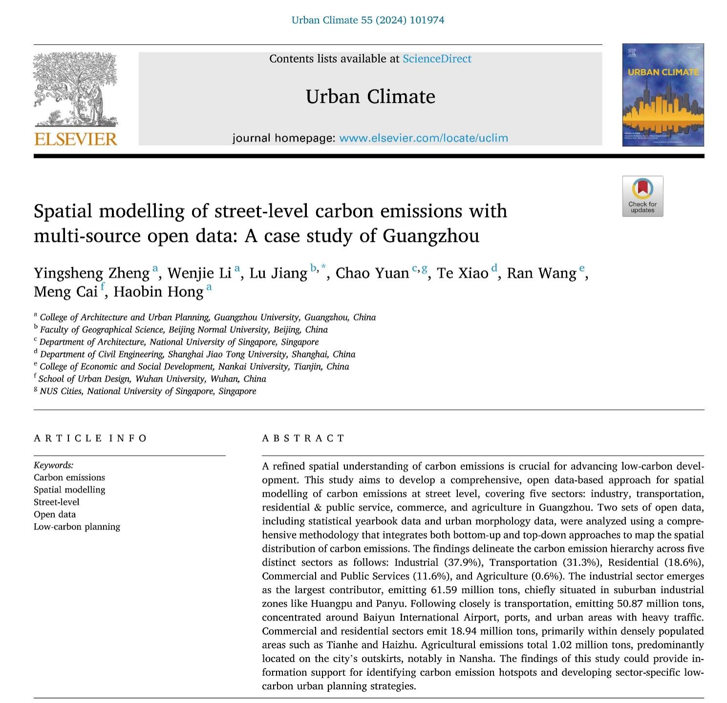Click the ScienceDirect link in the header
[x=437, y=59]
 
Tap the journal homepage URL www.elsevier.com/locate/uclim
[x=423, y=138]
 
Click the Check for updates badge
[x=642, y=196]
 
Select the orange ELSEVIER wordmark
[x=76, y=139]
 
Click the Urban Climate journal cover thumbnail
[x=663, y=95]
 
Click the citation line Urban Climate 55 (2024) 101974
[x=367, y=20]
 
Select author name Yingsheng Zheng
[x=91, y=273]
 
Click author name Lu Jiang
[x=278, y=273]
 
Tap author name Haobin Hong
[x=158, y=292]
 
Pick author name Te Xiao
[x=462, y=273]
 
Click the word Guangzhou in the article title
[x=430, y=236]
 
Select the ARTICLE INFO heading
[x=90, y=438]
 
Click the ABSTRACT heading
[x=303, y=438]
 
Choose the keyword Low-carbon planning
[x=77, y=527]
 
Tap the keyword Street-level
[x=56, y=502]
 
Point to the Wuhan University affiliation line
[x=152, y=379]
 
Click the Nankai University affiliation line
[x=194, y=366]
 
